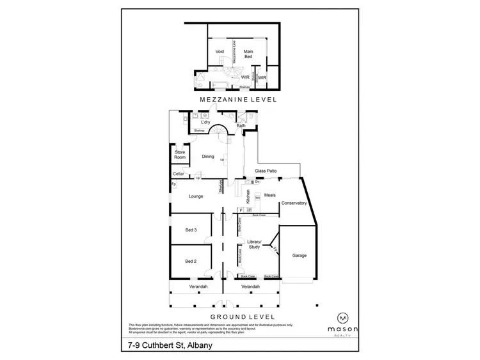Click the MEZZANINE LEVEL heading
[238, 100]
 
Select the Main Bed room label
[248, 54]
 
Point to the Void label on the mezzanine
[220, 51]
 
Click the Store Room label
[180, 154]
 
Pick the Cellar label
[179, 174]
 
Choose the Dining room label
[208, 156]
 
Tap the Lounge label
[196, 196]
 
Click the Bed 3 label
[191, 230]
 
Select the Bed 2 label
[191, 261]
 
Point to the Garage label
[299, 256]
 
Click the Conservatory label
[295, 203]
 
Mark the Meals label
[269, 196]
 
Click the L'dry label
[206, 122]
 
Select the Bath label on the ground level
[241, 126]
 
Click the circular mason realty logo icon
[343, 317]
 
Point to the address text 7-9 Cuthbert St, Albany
[170, 347]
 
